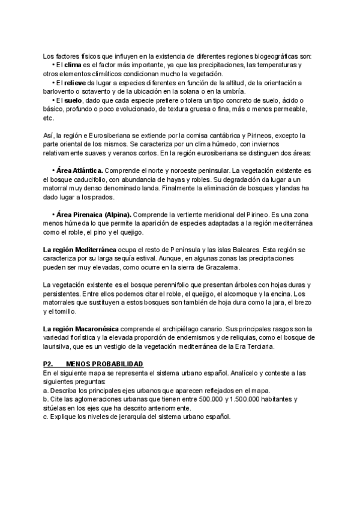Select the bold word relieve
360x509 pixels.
(x=74, y=82)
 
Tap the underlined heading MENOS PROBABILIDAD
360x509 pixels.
(x=104, y=364)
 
